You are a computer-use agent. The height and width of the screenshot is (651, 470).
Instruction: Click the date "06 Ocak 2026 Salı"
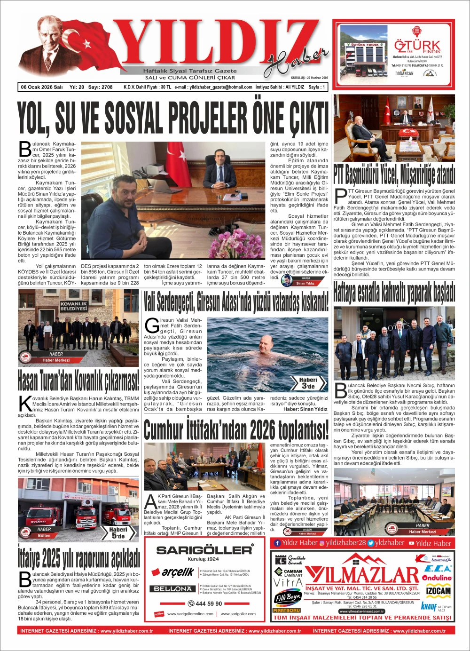point(42,87)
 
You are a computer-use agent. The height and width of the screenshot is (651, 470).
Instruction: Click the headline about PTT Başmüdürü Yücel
point(394,175)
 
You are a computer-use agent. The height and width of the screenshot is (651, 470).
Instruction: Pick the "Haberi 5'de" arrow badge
point(118,532)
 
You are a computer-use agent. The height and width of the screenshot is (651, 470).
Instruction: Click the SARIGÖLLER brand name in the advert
point(204,550)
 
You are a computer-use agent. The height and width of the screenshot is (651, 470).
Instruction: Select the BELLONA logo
point(172,589)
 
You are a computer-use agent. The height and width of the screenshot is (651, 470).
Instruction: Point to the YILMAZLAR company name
point(361,574)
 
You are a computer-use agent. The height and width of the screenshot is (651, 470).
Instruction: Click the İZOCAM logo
point(438,591)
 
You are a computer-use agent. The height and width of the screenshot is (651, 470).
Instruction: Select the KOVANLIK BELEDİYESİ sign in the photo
point(74,306)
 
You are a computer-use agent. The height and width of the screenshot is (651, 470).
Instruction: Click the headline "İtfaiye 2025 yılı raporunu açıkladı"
point(79,558)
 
